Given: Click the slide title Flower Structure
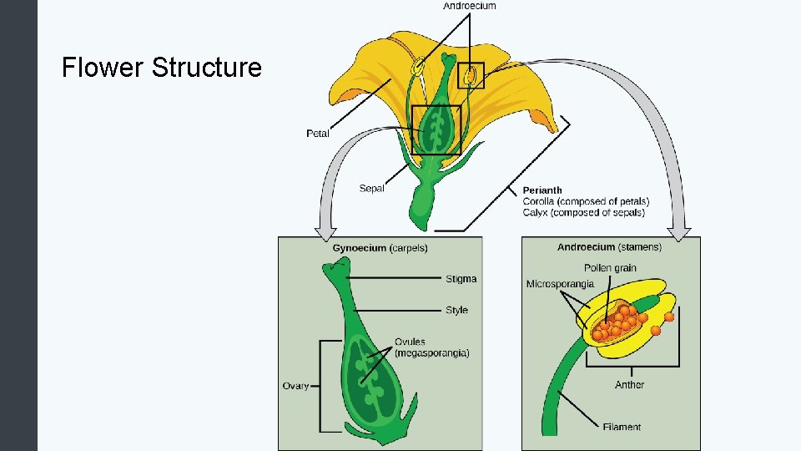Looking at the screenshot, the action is [161, 68].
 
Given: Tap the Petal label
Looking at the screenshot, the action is [318, 134].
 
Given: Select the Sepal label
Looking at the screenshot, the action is [371, 188].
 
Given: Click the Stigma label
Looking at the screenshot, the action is [461, 279].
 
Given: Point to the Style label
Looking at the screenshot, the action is [456, 310].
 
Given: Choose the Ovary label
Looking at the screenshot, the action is [295, 386].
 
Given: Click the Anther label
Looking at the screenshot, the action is [629, 384].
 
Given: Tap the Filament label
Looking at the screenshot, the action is [622, 427].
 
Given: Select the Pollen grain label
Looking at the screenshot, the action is [610, 268].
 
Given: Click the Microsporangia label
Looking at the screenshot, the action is [560, 284].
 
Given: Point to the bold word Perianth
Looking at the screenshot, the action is [542, 190].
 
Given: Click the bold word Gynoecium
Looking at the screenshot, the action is [359, 248].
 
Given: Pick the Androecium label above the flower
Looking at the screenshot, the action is [470, 6].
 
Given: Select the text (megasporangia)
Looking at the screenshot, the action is [432, 352].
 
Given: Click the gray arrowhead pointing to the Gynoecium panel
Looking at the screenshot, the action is [325, 233].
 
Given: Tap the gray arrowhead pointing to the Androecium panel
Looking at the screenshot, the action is [679, 234].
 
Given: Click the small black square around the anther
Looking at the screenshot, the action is [458, 75].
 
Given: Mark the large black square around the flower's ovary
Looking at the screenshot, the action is [412, 130].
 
